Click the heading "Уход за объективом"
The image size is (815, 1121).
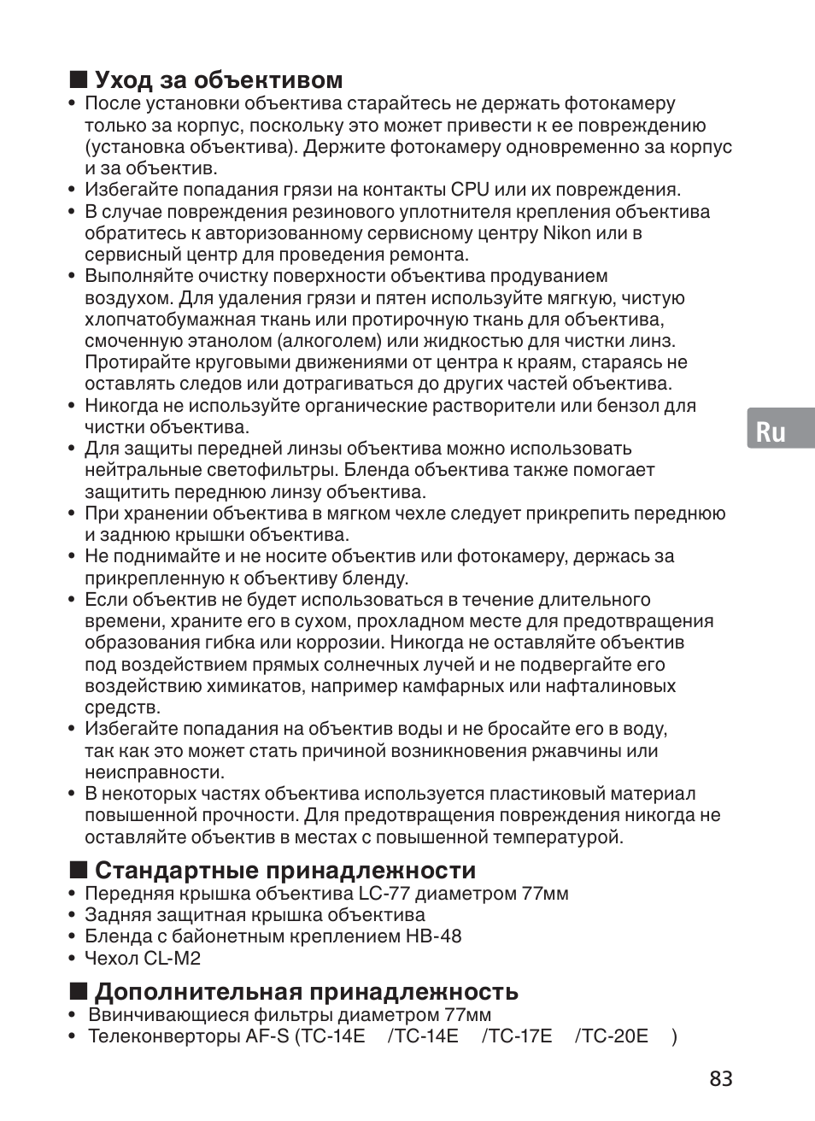(218, 80)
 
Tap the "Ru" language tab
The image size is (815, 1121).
(771, 432)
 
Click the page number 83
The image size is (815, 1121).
(720, 1078)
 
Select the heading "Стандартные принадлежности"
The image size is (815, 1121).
(285, 871)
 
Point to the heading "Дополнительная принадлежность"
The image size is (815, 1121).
(306, 991)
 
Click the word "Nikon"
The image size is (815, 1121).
(566, 233)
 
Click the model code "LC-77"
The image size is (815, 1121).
(381, 894)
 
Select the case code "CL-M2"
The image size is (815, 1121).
(172, 958)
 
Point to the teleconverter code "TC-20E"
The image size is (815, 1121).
(612, 1036)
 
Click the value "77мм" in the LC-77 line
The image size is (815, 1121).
(544, 894)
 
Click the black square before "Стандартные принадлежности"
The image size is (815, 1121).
(79, 871)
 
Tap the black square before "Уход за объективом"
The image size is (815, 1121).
(79, 80)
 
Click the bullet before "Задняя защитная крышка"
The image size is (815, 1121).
(72, 916)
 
